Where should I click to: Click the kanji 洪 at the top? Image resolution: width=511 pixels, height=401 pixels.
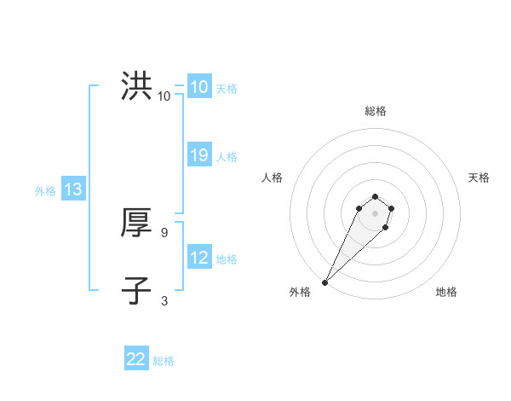(136, 86)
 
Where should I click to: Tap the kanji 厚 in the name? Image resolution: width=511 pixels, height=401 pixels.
(136, 223)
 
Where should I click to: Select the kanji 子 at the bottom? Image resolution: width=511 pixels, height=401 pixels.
(136, 290)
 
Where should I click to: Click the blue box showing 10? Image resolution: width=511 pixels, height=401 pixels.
(198, 87)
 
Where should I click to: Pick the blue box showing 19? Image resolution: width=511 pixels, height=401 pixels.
(198, 155)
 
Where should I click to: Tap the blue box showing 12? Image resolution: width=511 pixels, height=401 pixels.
(198, 258)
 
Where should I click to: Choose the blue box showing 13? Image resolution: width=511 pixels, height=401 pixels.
(72, 190)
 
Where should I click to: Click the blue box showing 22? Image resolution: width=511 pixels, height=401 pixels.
(136, 359)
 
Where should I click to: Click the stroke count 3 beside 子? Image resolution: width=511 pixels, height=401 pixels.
(164, 300)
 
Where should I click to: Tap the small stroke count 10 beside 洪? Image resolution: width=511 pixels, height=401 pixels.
(164, 96)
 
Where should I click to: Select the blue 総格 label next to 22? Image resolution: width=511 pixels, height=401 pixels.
(164, 361)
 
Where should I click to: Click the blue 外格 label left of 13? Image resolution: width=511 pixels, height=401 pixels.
(45, 191)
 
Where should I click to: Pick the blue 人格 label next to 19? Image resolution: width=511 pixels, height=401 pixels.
(227, 157)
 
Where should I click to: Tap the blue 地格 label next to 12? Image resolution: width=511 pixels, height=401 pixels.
(227, 259)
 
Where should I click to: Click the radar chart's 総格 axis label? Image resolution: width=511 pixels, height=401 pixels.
(375, 111)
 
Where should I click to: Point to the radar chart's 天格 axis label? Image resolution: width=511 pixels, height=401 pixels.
(479, 177)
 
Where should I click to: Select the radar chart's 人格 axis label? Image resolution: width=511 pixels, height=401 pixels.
(272, 177)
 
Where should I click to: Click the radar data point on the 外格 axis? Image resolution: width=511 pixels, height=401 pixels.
(324, 282)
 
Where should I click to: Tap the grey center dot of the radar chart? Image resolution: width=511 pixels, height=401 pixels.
(375, 213)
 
